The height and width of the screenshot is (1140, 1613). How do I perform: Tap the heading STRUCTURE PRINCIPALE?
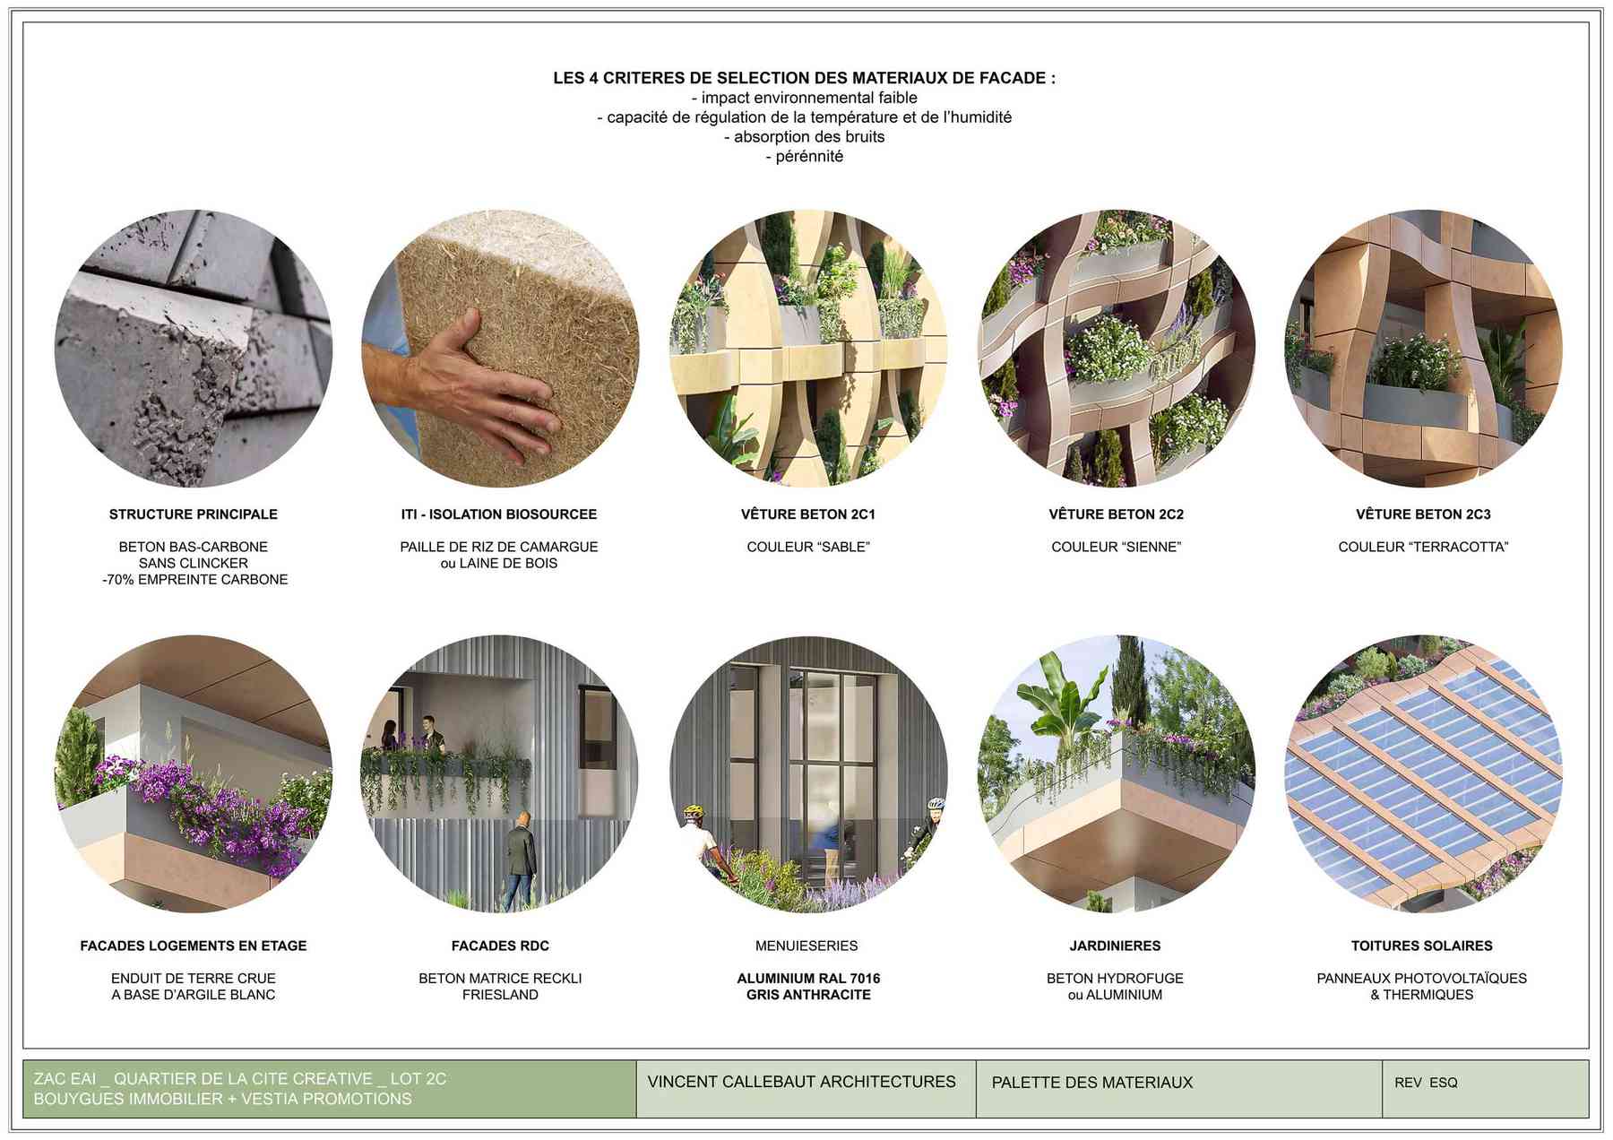pyautogui.click(x=194, y=514)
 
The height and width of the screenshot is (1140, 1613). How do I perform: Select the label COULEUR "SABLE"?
pyautogui.click(x=808, y=547)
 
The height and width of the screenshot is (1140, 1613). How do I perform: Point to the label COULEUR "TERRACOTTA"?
pyautogui.click(x=1423, y=547)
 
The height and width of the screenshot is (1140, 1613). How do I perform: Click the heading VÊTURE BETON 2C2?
pyautogui.click(x=1116, y=514)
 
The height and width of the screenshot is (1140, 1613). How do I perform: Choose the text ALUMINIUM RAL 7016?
pyautogui.click(x=808, y=979)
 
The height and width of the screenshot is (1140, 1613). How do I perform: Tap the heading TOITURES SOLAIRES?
pyautogui.click(x=1422, y=946)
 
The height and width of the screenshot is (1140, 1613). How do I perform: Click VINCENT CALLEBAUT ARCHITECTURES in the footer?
pyautogui.click(x=801, y=1082)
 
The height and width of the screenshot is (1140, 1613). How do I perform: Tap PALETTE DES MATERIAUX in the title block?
pyautogui.click(x=1092, y=1083)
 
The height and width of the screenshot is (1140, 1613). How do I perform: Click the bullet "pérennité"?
pyautogui.click(x=804, y=157)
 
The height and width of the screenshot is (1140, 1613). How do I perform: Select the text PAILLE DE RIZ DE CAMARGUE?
pyautogui.click(x=499, y=547)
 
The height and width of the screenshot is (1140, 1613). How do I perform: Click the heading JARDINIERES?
pyautogui.click(x=1115, y=946)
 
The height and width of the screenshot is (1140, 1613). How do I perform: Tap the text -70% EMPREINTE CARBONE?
pyautogui.click(x=194, y=580)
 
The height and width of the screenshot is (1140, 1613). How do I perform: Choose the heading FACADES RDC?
pyautogui.click(x=500, y=946)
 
